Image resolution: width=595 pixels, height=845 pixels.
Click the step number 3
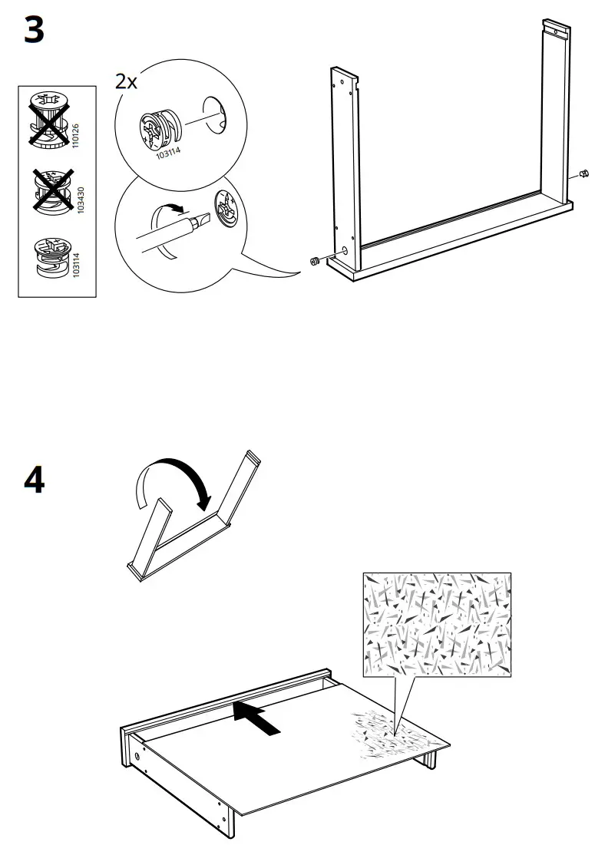(x=35, y=31)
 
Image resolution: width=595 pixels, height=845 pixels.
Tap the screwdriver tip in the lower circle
(x=201, y=222)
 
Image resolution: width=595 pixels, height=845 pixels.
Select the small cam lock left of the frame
(x=313, y=262)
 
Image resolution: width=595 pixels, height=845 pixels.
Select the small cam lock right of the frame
(x=581, y=173)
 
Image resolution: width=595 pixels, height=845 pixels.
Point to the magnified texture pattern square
(x=437, y=624)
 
